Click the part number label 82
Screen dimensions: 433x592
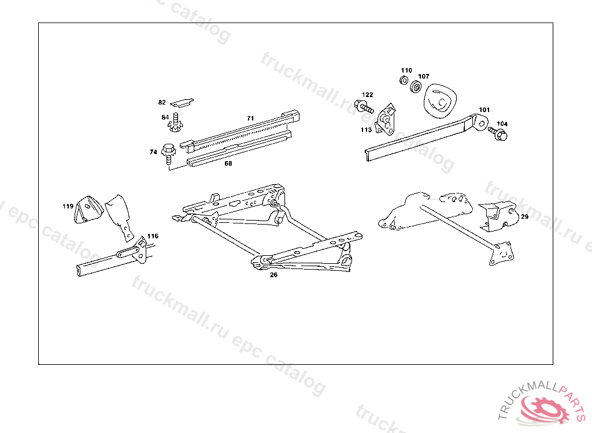pos(162,102)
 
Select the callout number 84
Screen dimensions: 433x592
pos(165,117)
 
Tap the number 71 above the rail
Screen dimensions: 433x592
pos(250,118)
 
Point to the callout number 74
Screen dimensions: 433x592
pos(153,152)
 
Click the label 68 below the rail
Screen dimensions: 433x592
pos(228,163)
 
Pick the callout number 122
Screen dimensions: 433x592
pos(368,95)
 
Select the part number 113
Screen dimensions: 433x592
pos(366,130)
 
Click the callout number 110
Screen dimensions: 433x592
pos(406,70)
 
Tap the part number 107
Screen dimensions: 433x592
pos(424,76)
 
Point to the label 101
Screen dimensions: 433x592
pos(484,109)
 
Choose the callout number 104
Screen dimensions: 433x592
pos(502,124)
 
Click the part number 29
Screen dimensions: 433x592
pos(524,217)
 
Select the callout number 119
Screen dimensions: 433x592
pos(68,206)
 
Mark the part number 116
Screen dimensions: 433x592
pos(153,236)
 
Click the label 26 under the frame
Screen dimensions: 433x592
pos(273,275)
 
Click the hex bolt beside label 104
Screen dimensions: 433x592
pos(497,133)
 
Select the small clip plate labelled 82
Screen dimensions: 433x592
pos(183,102)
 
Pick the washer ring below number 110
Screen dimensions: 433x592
pos(405,79)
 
